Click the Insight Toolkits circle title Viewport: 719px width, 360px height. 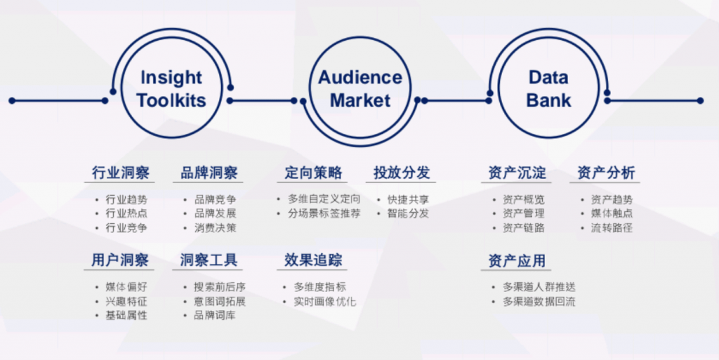171,88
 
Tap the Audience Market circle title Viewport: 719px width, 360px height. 360,88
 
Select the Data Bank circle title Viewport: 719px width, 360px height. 548,88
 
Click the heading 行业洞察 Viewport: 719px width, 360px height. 120,173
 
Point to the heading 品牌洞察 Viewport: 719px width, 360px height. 209,173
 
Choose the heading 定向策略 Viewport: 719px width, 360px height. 313,173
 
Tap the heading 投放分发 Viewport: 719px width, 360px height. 402,173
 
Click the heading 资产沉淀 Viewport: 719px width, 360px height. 517,173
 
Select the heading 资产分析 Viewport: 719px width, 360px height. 605,173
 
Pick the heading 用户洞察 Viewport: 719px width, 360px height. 120,260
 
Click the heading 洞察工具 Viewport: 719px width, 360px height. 209,260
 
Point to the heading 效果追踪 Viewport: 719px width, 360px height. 313,260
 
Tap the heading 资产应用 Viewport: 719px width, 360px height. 517,261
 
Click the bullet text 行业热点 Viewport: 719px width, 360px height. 126,213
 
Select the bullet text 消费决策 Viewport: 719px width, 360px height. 216,227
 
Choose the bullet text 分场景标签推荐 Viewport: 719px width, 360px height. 324,213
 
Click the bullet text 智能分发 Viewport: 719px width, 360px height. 408,213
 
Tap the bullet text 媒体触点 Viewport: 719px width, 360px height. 612,213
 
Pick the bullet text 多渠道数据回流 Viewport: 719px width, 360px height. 539,302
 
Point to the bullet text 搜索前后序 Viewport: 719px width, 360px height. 220,287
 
